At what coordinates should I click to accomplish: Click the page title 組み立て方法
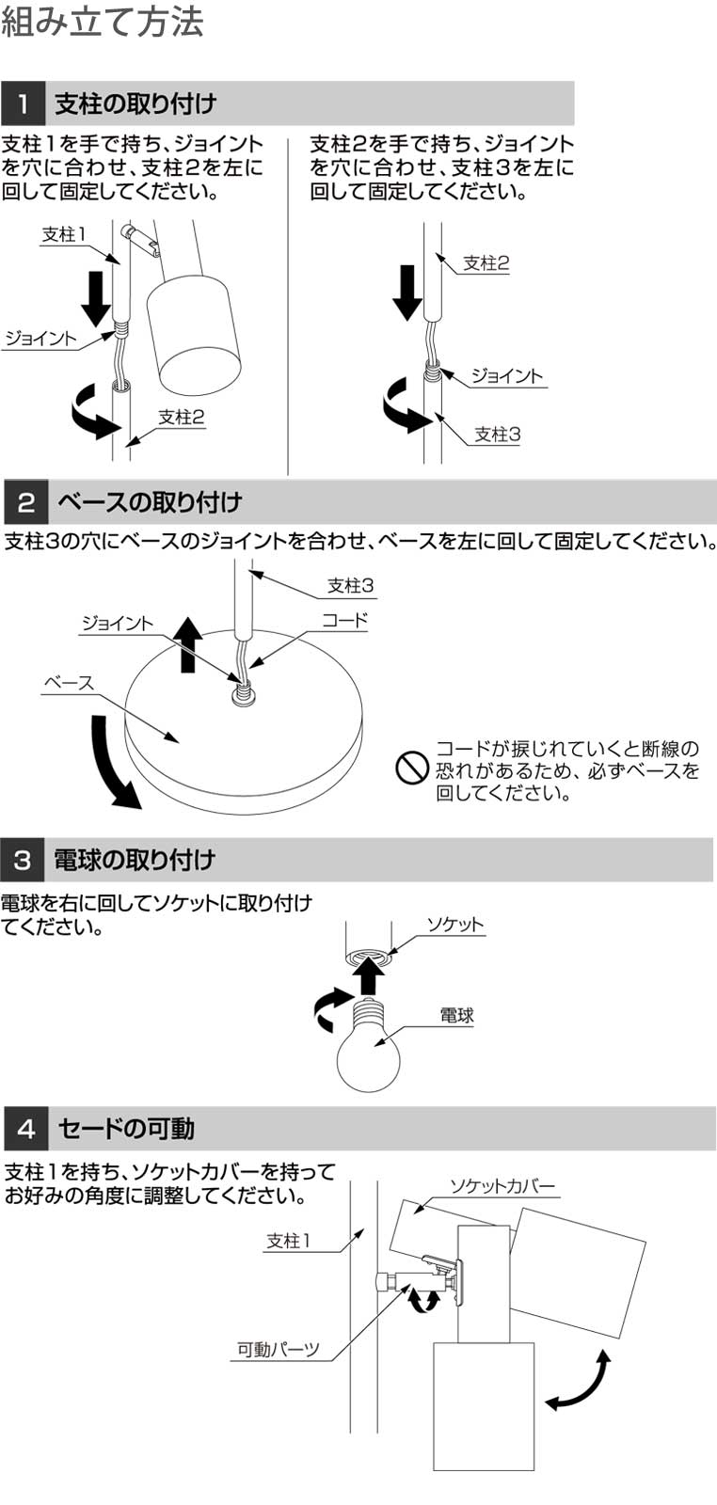(x=103, y=22)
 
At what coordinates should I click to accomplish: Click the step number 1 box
(x=23, y=103)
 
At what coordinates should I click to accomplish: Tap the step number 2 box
(x=26, y=502)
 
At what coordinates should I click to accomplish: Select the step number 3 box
(x=23, y=860)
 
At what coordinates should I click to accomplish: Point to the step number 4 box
(x=26, y=1129)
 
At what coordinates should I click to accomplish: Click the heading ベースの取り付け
(x=150, y=502)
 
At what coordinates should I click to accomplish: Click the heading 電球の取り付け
(x=135, y=860)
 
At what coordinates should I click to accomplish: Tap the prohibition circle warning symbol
(x=412, y=768)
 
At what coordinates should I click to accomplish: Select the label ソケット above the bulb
(x=454, y=925)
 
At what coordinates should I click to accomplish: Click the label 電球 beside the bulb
(x=457, y=1015)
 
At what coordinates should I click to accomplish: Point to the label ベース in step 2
(x=69, y=683)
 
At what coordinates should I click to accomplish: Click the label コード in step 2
(x=345, y=620)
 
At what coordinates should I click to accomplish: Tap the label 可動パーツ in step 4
(x=279, y=1349)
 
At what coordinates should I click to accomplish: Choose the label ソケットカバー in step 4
(x=502, y=1186)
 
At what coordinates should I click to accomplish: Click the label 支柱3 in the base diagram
(x=350, y=585)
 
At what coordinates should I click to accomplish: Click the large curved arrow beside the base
(x=112, y=764)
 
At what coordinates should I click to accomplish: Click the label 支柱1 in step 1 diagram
(x=65, y=234)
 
